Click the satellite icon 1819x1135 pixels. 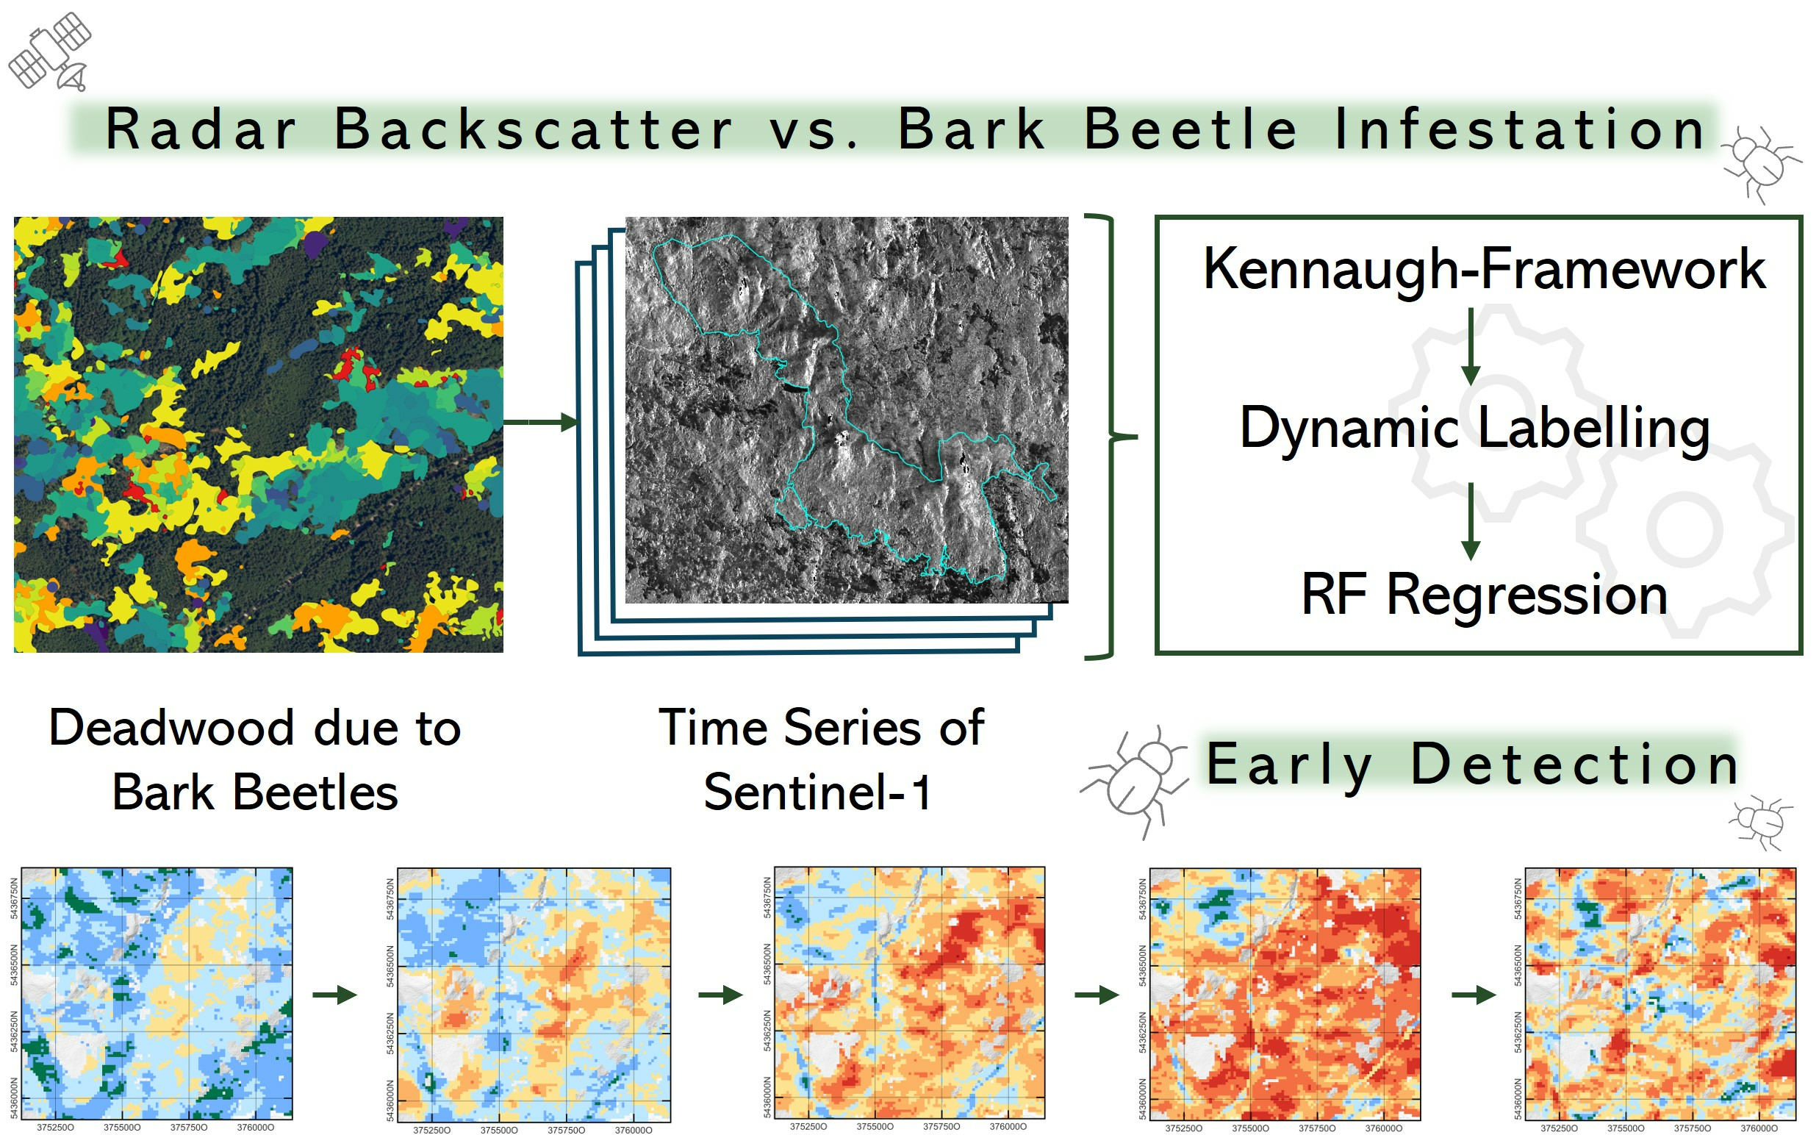click(x=49, y=51)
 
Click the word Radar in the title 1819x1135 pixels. click(x=201, y=129)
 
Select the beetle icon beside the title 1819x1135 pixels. click(x=1760, y=165)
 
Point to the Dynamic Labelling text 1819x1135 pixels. click(x=1474, y=428)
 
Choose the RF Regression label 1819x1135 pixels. click(x=1485, y=595)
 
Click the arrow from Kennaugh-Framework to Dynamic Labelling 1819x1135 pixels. click(x=1471, y=346)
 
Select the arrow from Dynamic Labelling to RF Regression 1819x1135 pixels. click(x=1471, y=522)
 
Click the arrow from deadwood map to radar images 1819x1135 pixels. click(x=540, y=422)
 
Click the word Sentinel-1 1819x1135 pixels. click(x=817, y=792)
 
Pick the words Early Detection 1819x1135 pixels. click(x=1472, y=765)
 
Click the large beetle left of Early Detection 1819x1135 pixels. click(x=1135, y=781)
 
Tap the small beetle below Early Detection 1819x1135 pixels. click(x=1760, y=822)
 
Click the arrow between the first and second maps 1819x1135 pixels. click(x=334, y=995)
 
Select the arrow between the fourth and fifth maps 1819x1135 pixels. click(x=1474, y=995)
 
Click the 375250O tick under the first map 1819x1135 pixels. click(x=56, y=1128)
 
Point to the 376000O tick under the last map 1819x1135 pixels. click(x=1759, y=1128)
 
